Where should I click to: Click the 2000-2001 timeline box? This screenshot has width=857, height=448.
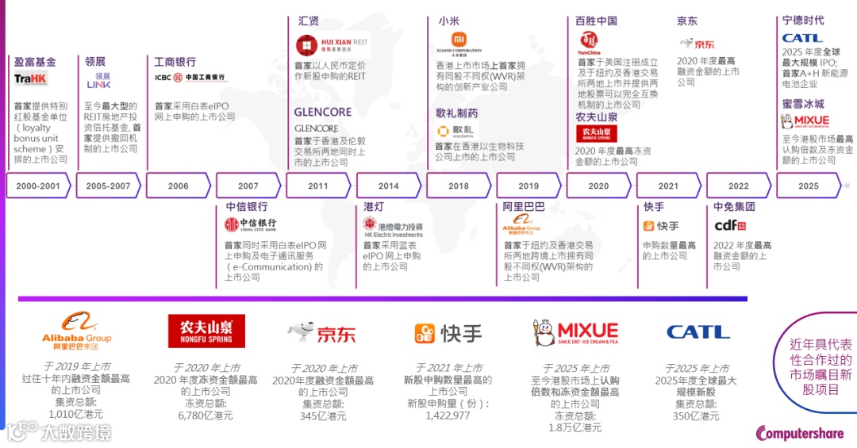pos(38,186)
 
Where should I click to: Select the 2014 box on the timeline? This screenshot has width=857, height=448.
pos(388,186)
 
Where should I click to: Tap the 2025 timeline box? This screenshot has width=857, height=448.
pos(808,186)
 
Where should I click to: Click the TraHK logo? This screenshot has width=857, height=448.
pos(31,78)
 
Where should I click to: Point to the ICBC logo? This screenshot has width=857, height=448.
pos(190,78)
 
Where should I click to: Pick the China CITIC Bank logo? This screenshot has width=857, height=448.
pos(250,224)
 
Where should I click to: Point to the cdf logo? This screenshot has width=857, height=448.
pos(725,225)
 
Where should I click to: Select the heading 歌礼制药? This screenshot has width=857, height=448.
pos(456,113)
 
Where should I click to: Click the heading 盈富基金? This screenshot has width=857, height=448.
pos(35,61)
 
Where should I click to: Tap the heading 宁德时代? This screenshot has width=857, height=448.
pos(802,21)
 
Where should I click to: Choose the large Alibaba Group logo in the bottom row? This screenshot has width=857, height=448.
pos(76,331)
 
